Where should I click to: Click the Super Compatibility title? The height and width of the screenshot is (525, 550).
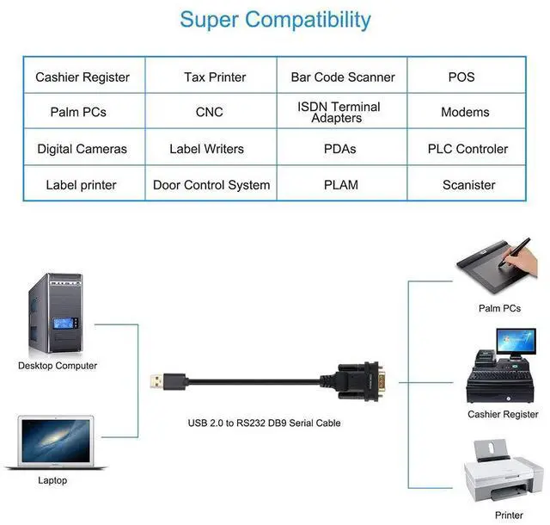tap(275, 20)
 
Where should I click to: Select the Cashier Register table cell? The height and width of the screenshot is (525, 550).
tap(82, 77)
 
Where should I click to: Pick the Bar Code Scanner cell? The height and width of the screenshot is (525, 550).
tap(341, 77)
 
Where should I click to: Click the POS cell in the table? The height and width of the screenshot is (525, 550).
tap(461, 77)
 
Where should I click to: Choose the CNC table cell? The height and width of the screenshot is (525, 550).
tap(210, 113)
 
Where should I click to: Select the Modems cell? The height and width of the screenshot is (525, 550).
tap(465, 113)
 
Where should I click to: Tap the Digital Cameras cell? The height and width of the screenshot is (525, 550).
tap(82, 149)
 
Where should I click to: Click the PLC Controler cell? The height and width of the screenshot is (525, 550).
tap(467, 149)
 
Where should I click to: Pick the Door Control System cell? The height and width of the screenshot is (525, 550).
tap(211, 185)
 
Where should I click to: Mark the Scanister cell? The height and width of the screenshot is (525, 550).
tap(468, 185)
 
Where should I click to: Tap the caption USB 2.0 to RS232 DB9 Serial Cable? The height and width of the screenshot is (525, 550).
tap(264, 423)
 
